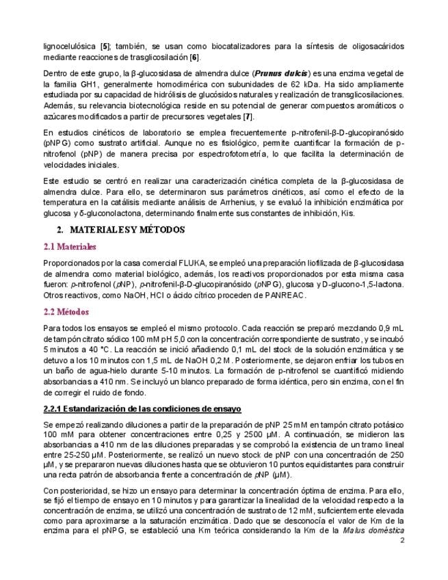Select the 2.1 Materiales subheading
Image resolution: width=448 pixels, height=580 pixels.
tap(69, 246)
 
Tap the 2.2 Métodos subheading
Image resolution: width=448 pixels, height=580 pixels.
tap(66, 312)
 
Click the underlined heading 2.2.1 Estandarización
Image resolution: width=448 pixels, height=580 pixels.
tap(141, 409)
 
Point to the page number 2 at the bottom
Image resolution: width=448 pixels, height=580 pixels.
tap(402, 540)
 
